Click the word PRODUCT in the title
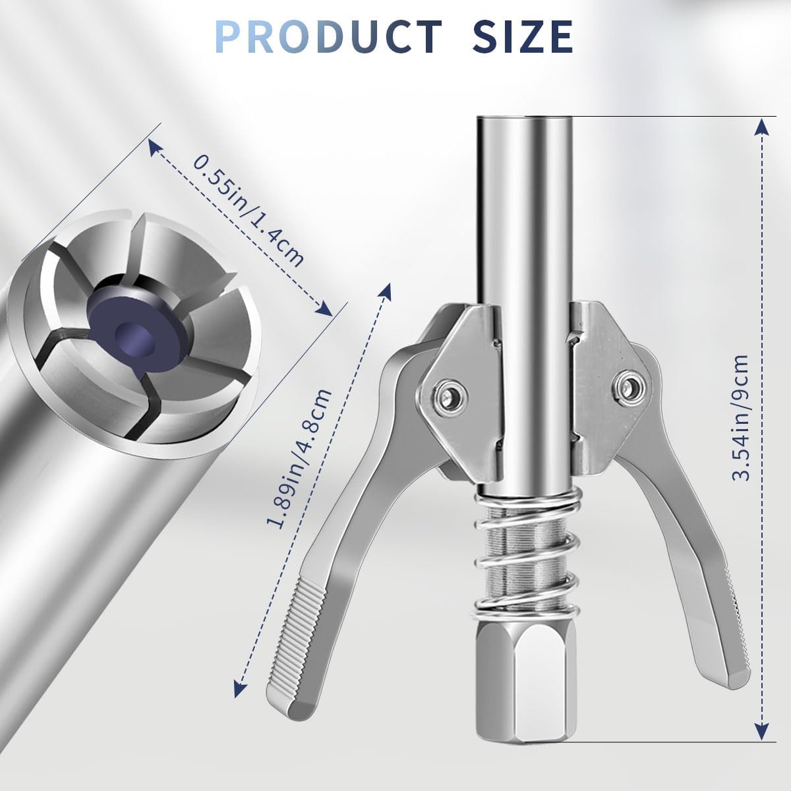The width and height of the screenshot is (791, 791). click(x=328, y=36)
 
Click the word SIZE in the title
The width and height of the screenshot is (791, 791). click(x=523, y=36)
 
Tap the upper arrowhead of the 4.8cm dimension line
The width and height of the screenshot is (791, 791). click(x=387, y=291)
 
